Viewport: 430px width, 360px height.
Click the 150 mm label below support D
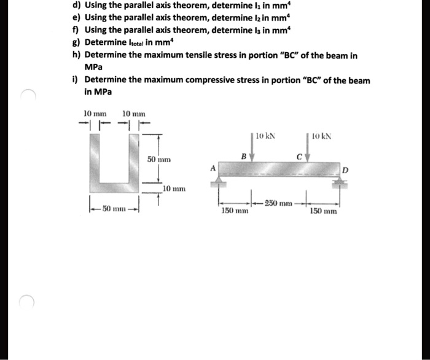pos(323,211)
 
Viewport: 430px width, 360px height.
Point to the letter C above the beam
pos(299,156)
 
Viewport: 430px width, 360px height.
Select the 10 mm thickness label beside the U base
pos(174,188)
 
